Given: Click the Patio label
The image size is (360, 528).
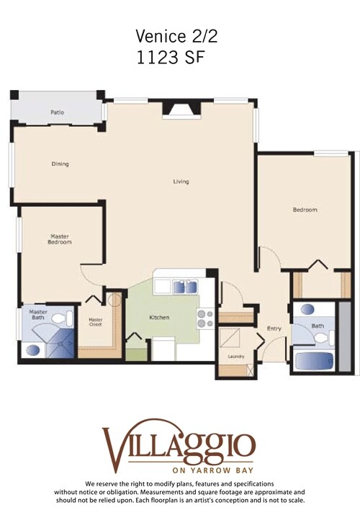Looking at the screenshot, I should pyautogui.click(x=58, y=112).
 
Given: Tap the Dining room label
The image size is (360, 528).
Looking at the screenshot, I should pyautogui.click(x=60, y=164).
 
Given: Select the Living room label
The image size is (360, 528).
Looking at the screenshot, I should pyautogui.click(x=181, y=182).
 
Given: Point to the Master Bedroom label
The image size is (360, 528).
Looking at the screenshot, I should pyautogui.click(x=60, y=239).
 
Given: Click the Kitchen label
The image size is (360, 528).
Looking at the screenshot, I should pyautogui.click(x=158, y=318).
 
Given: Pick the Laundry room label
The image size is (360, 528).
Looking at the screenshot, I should pyautogui.click(x=235, y=357).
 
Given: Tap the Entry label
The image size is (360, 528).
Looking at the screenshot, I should pyautogui.click(x=274, y=328).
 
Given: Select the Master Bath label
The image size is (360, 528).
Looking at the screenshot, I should pyautogui.click(x=38, y=315).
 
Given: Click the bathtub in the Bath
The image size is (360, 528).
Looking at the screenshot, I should pyautogui.click(x=315, y=359).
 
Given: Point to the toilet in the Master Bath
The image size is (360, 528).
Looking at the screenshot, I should pyautogui.click(x=66, y=318).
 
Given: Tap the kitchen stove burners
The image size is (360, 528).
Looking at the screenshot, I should pyautogui.click(x=205, y=318).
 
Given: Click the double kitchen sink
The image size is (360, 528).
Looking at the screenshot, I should pyautogui.click(x=184, y=287).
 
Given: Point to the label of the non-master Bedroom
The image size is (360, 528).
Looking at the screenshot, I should pyautogui.click(x=305, y=210).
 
